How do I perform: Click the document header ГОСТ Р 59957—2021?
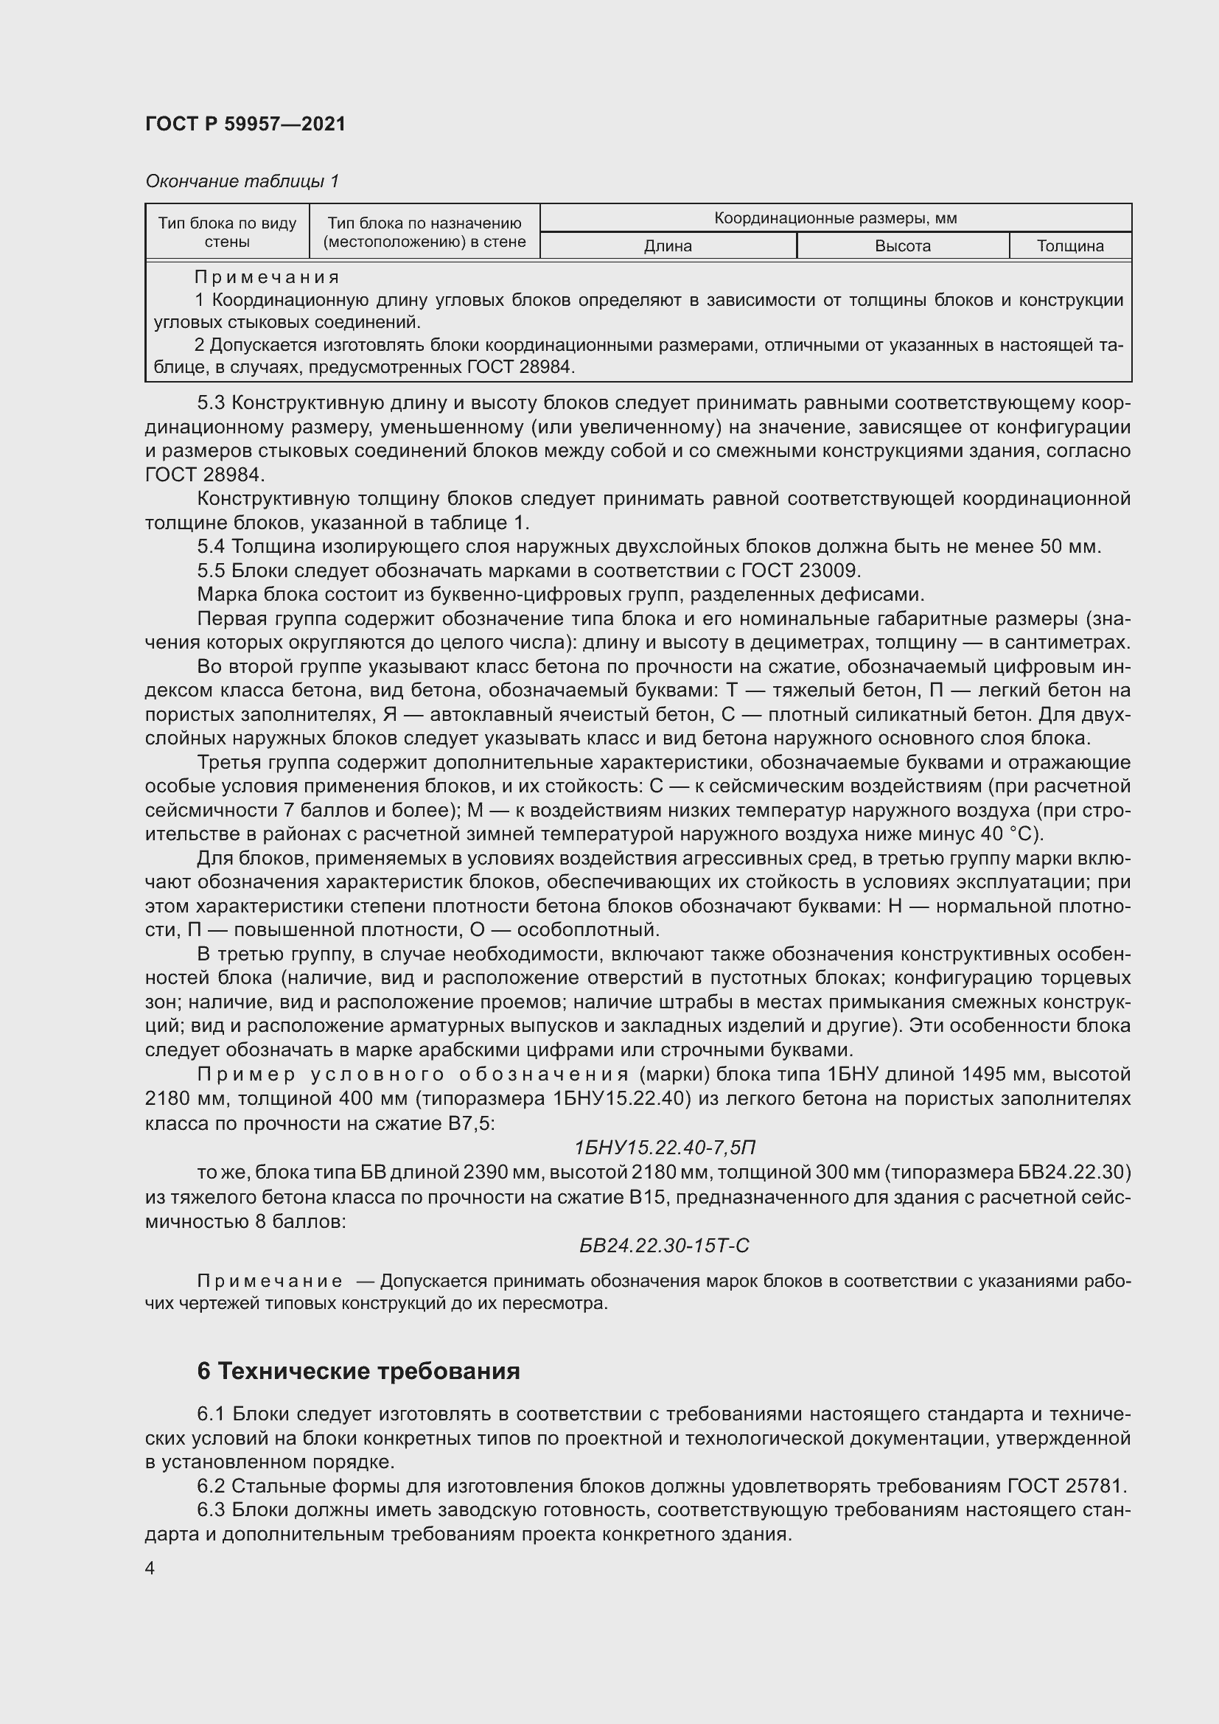pyautogui.click(x=245, y=124)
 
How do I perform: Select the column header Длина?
pyautogui.click(x=667, y=246)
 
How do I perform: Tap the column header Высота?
pyautogui.click(x=902, y=246)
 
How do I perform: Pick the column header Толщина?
pyautogui.click(x=1069, y=246)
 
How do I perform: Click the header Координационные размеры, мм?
pyautogui.click(x=835, y=218)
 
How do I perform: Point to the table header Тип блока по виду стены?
pyautogui.click(x=227, y=232)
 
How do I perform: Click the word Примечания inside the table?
pyautogui.click(x=267, y=278)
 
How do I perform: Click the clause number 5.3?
pyautogui.click(x=211, y=403)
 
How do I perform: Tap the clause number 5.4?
pyautogui.click(x=211, y=547)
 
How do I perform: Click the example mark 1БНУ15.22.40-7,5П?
pyautogui.click(x=664, y=1148)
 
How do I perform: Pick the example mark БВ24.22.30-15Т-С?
pyautogui.click(x=664, y=1246)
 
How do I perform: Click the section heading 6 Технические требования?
pyautogui.click(x=358, y=1370)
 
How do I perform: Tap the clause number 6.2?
pyautogui.click(x=211, y=1486)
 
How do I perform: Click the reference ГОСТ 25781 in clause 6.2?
pyautogui.click(x=1066, y=1486)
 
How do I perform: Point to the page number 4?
pyautogui.click(x=150, y=1568)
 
